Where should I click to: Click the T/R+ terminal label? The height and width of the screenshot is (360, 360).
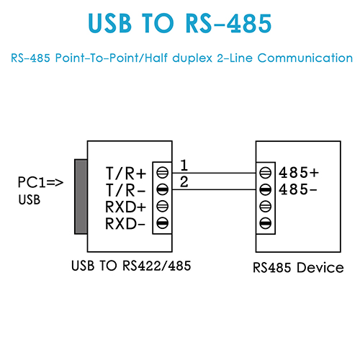coord(126,174)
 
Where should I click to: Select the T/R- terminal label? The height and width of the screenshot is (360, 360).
coord(125,190)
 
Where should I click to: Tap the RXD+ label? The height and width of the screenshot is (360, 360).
coord(125,207)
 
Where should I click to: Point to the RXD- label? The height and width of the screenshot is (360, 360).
coord(125,223)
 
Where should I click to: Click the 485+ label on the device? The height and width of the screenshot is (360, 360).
coord(299,173)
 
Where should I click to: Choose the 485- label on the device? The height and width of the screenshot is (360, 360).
coord(298,189)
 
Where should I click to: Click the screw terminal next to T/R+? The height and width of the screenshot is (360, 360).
coord(163,173)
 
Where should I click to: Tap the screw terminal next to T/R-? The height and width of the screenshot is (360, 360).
coord(163,189)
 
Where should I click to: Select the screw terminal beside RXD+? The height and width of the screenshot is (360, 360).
coord(163,207)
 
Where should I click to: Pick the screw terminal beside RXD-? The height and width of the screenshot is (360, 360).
coord(163,223)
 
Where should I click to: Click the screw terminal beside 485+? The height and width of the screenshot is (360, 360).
coord(266,173)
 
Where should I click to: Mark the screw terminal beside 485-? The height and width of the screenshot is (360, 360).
coord(266,189)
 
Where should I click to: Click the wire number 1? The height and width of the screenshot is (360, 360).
coord(184,165)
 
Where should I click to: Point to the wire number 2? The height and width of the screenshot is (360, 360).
coord(184,181)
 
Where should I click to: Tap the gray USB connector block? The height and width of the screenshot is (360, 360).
coord(81,197)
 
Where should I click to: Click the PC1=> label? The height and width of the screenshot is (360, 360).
coord(40,182)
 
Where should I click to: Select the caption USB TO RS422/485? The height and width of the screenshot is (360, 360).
coord(131,266)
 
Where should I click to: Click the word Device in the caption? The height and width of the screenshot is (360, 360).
coord(320,267)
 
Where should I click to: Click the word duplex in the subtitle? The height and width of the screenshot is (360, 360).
coord(192,58)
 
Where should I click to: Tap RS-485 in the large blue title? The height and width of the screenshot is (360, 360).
coord(229,23)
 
